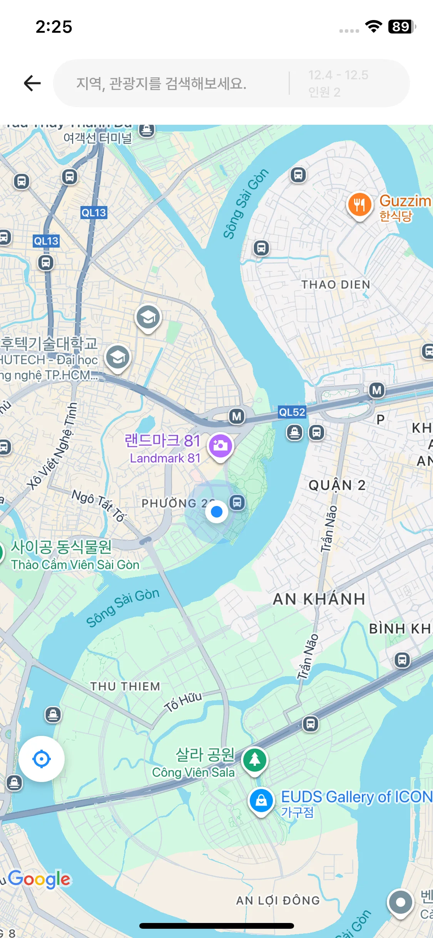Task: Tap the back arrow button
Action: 32,83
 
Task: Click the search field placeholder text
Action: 161,83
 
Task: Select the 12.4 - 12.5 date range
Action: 338,75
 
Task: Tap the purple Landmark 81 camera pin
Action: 220,446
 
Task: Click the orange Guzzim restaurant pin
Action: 359,204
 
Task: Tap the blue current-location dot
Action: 217,512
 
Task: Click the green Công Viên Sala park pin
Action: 254,760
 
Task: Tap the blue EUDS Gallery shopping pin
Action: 261,800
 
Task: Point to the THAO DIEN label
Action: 336,285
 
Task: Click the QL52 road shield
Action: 292,412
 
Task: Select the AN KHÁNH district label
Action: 319,599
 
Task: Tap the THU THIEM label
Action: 125,686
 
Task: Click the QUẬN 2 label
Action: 337,485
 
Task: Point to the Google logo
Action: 39,879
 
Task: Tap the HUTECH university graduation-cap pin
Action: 118,358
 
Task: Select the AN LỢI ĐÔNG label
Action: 278,900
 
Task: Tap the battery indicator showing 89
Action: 401,27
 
